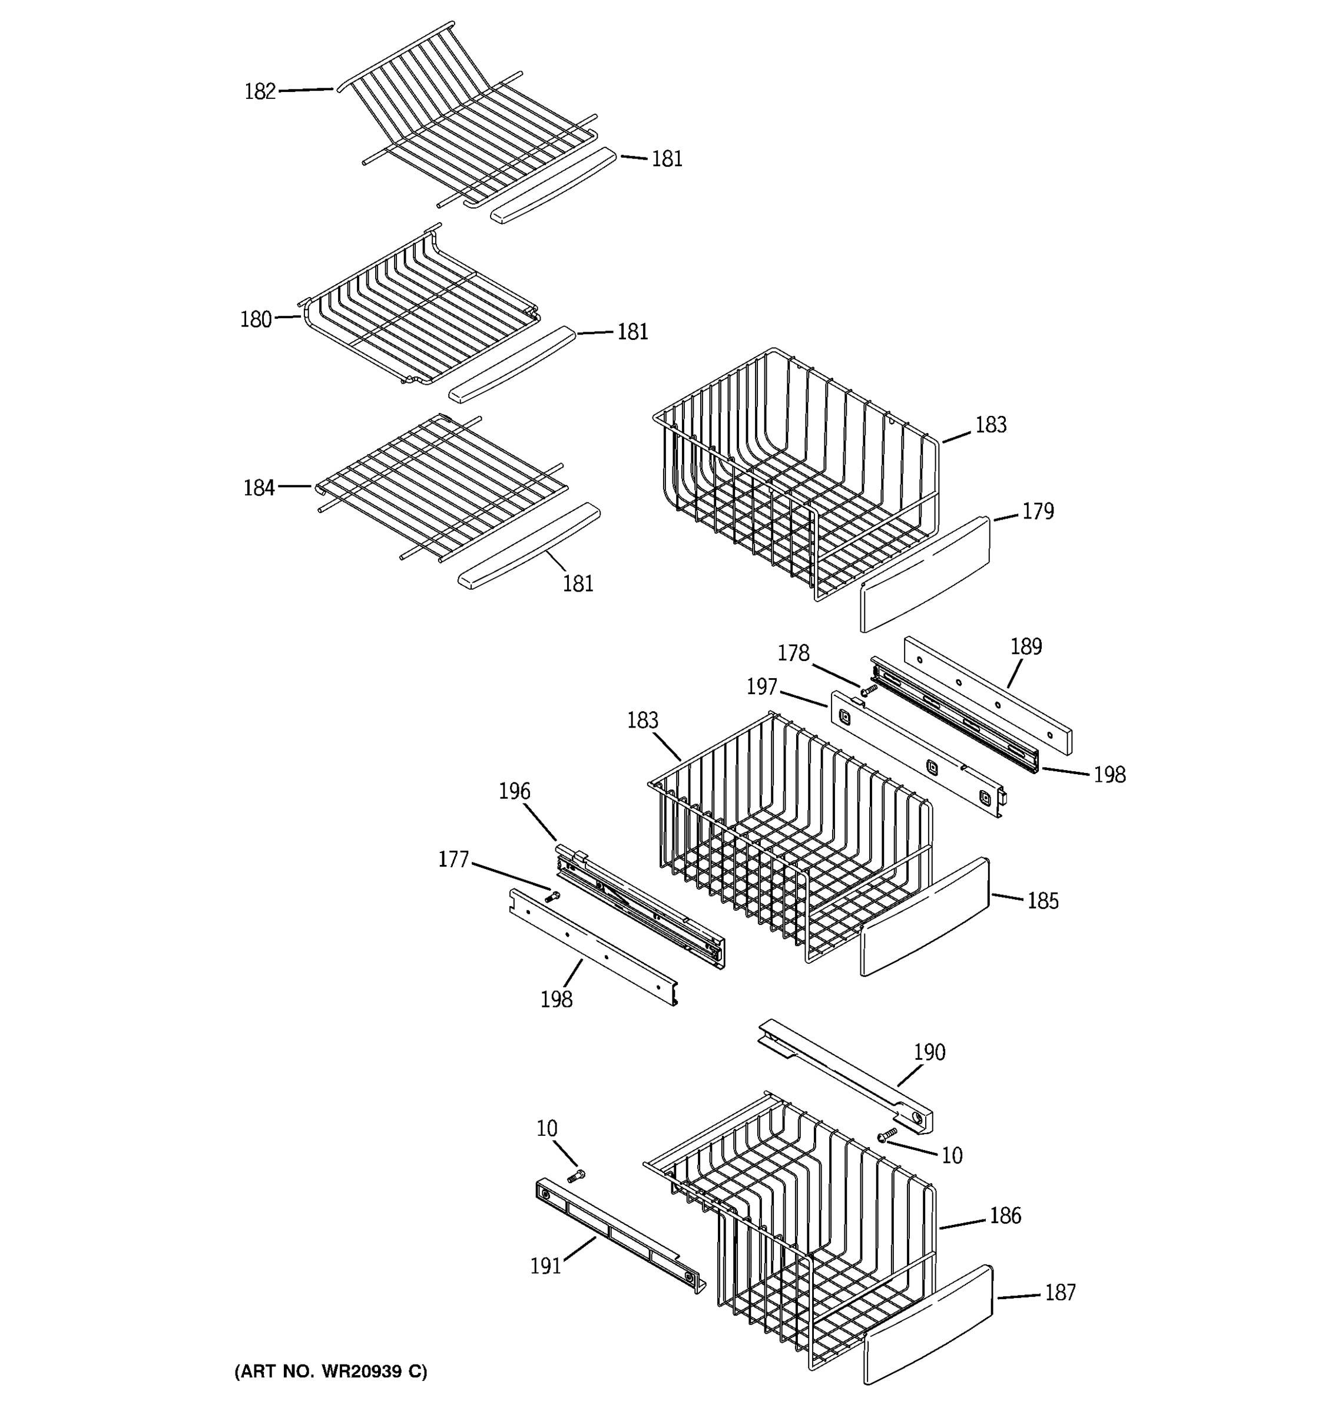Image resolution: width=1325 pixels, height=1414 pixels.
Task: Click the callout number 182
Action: coord(260,92)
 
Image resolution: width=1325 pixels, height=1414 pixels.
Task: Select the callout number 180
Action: coord(256,319)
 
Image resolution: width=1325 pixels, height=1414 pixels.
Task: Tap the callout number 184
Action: coord(259,488)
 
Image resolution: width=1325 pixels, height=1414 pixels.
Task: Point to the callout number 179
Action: coord(1038,511)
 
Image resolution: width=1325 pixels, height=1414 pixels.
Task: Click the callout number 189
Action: coord(1026,646)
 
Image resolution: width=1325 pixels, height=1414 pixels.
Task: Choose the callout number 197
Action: coord(761,687)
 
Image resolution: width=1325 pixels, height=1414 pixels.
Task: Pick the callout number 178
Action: coord(793,653)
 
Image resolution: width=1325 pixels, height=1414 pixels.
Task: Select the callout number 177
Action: coord(453,860)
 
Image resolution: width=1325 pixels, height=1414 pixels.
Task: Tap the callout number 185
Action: coord(1043,901)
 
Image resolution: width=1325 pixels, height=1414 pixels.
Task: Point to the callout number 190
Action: coord(929,1052)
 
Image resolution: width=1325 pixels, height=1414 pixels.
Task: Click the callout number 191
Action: coord(545,1266)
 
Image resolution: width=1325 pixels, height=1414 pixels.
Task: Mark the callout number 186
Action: coord(1005,1215)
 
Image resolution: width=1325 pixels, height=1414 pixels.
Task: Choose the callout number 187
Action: coord(1060,1293)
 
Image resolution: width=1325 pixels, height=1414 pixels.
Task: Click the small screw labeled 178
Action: coord(868,689)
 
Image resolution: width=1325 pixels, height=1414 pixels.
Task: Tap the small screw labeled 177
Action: coord(552,897)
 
